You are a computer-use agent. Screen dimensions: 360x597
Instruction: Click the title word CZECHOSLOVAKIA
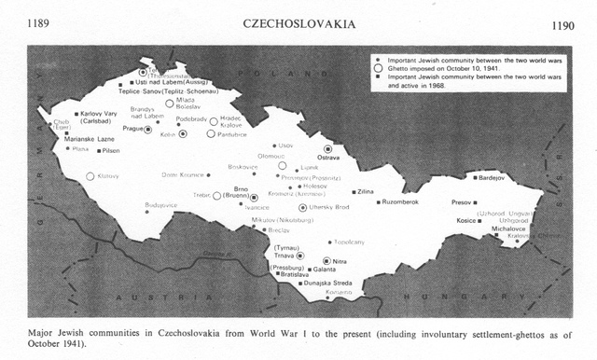click(x=297, y=21)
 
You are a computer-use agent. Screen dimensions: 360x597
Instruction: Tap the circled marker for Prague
click(x=148, y=130)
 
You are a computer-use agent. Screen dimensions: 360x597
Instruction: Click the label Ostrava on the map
click(x=330, y=159)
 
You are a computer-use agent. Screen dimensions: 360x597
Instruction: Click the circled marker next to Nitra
click(x=326, y=261)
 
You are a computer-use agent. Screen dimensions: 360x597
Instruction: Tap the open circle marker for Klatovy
click(x=90, y=175)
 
